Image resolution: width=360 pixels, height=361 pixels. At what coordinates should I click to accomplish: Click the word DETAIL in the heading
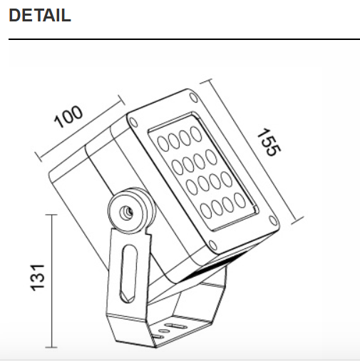coord(40,15)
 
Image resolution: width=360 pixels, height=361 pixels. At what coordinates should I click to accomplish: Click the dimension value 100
coord(69,116)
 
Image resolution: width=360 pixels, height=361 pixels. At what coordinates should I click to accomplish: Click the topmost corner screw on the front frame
coord(190,96)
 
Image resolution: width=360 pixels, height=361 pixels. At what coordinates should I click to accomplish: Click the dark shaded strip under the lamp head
coord(214,267)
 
